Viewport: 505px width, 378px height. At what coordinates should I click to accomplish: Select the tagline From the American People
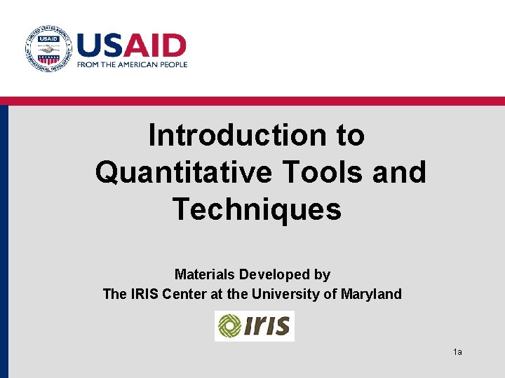pos(133,64)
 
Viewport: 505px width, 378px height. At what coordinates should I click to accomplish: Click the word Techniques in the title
pos(257,209)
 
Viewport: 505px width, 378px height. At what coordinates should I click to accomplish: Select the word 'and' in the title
pos(399,172)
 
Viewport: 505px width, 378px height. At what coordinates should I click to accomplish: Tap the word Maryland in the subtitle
pos(371,294)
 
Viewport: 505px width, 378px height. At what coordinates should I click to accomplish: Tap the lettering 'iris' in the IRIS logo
pos(268,326)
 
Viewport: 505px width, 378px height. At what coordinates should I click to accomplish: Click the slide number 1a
pos(457,351)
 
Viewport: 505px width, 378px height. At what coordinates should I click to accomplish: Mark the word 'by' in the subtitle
pos(322,274)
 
